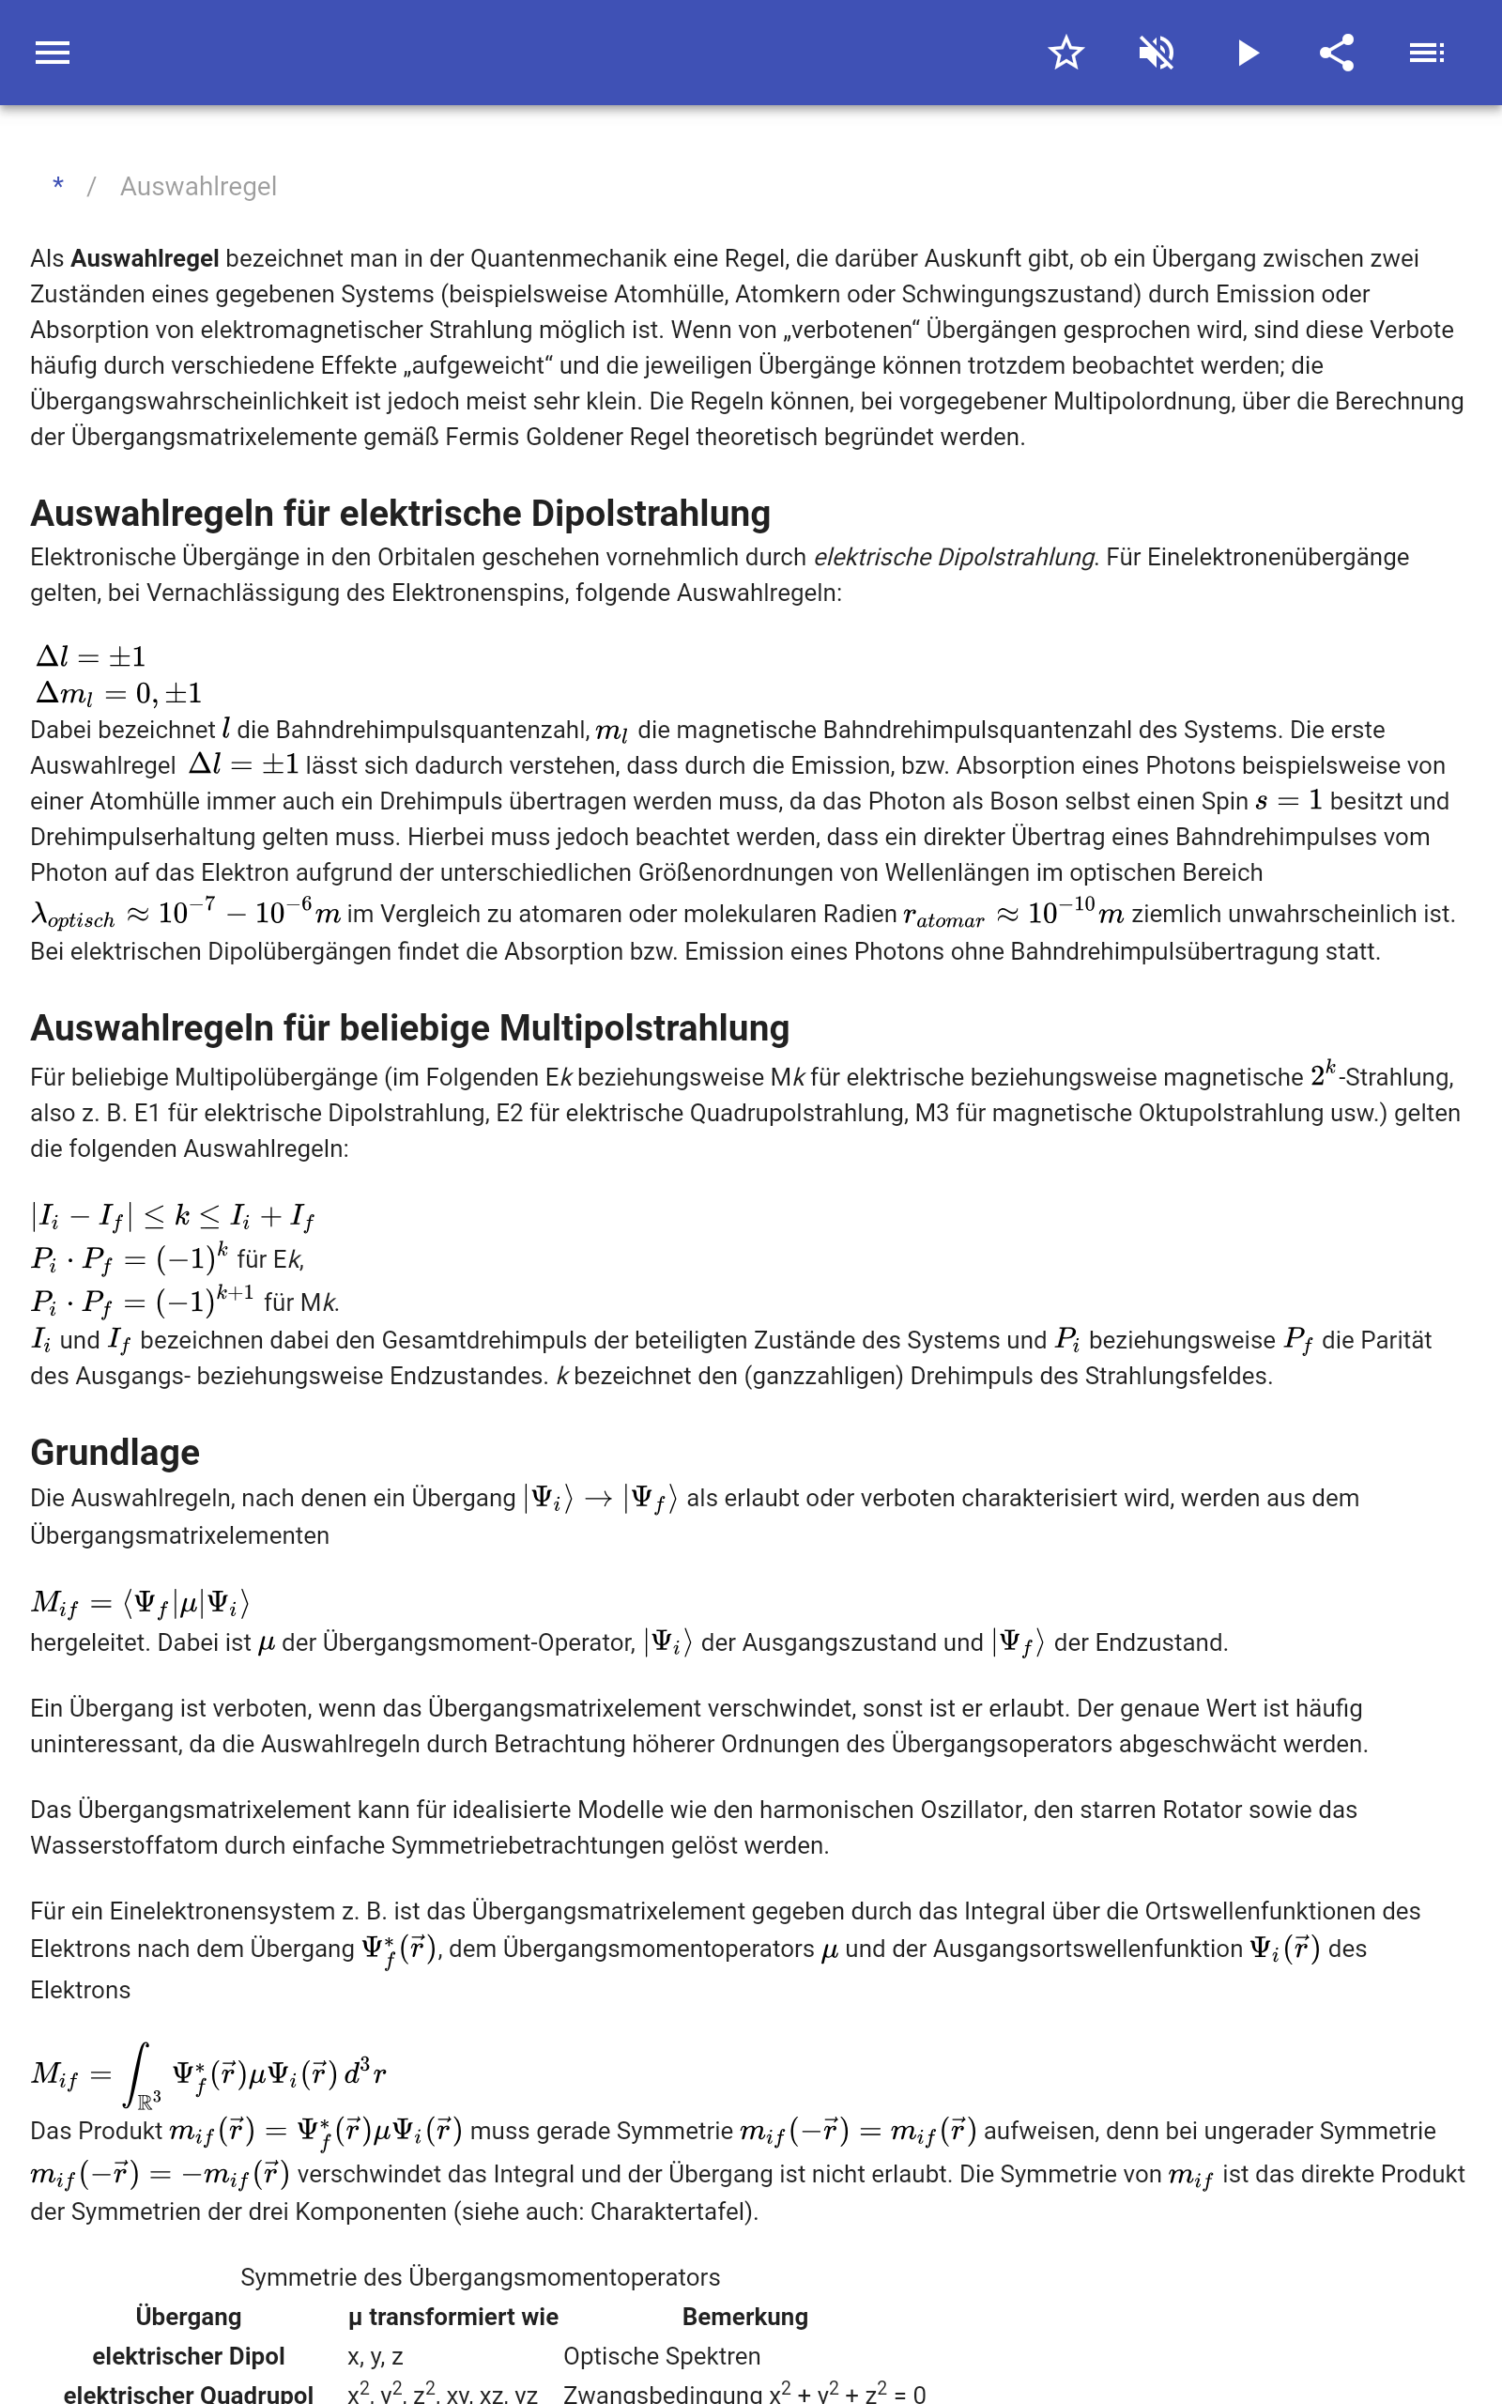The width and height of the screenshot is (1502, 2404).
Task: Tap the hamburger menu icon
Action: click(53, 53)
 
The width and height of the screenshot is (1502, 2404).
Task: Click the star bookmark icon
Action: click(1065, 53)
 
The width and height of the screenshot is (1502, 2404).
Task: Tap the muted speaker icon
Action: click(1157, 53)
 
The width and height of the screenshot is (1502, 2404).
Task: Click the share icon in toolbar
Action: click(1336, 53)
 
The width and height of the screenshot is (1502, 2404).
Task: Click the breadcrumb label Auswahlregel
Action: click(198, 187)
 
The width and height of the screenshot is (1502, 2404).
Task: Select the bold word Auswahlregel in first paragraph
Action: click(144, 258)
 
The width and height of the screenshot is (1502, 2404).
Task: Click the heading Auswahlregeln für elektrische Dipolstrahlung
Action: click(400, 514)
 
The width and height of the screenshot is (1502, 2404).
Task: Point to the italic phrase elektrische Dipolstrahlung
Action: click(954, 557)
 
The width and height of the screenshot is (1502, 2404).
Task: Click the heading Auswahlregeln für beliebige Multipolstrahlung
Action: click(409, 1028)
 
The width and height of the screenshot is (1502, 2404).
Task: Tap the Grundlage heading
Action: click(115, 1453)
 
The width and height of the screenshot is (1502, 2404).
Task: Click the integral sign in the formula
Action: click(137, 2073)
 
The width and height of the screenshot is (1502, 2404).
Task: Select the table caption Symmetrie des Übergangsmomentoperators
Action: click(480, 2277)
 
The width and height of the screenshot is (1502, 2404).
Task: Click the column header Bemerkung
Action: click(745, 2317)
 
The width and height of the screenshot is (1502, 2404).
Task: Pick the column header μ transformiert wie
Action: click(453, 2317)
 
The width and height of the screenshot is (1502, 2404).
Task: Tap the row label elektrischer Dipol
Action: click(188, 2356)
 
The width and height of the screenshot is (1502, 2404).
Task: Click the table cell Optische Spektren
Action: click(662, 2356)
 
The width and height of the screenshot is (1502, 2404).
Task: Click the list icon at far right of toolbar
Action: click(1427, 53)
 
